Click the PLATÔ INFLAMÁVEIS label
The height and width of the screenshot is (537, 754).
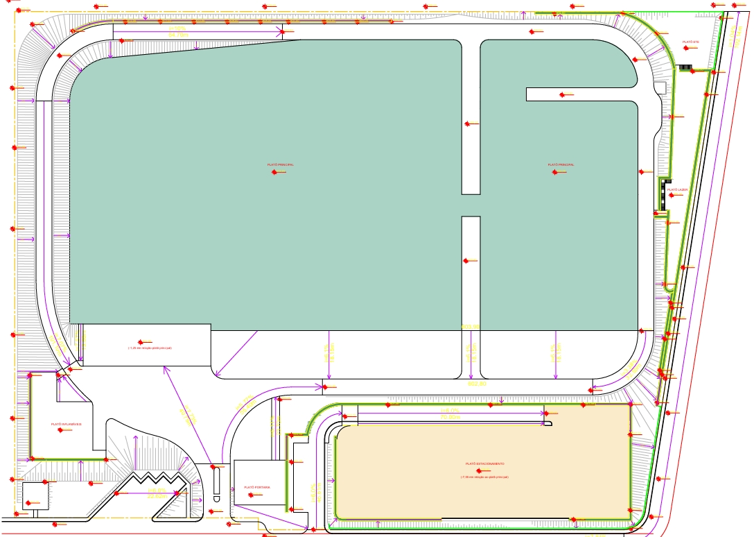(x=66, y=424)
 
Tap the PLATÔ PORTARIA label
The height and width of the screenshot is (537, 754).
(x=257, y=488)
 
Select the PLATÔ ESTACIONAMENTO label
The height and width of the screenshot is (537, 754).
(x=484, y=463)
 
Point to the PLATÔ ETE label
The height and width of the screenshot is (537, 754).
(x=690, y=42)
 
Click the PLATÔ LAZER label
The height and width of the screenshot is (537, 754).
(x=677, y=189)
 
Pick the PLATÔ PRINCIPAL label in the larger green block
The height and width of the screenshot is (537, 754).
(x=281, y=165)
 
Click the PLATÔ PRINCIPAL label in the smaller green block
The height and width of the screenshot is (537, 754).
(x=561, y=165)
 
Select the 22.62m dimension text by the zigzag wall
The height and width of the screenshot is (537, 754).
(x=157, y=496)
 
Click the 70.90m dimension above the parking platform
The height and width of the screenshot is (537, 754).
(x=450, y=417)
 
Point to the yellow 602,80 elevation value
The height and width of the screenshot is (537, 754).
(x=477, y=383)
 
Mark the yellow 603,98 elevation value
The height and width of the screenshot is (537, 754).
(x=471, y=327)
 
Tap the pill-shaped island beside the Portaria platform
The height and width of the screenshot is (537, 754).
(x=216, y=484)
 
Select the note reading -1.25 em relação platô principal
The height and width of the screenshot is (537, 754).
(x=145, y=348)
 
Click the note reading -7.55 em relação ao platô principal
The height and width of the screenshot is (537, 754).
(x=484, y=477)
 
